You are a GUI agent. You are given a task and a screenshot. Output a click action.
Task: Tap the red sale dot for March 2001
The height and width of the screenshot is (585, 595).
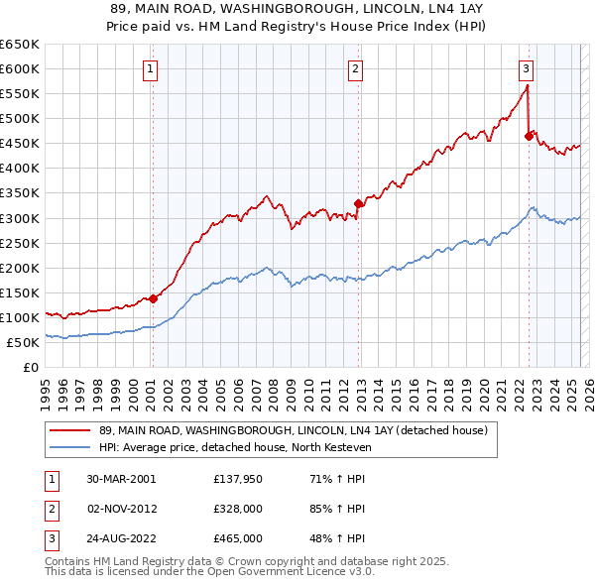coord(153,297)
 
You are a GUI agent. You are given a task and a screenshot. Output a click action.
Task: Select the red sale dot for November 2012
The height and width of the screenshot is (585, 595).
coord(358,203)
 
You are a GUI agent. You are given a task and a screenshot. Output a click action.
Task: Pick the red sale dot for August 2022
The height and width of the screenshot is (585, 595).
coord(529,136)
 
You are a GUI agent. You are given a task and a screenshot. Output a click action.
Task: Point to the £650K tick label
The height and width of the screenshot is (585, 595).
coord(20,44)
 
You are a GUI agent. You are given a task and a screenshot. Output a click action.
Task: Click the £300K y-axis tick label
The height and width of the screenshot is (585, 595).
coord(20,218)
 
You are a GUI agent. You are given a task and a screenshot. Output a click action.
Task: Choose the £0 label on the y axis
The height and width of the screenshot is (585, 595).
coord(31,367)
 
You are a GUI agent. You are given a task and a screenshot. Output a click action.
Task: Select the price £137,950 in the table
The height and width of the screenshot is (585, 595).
coord(237,478)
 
